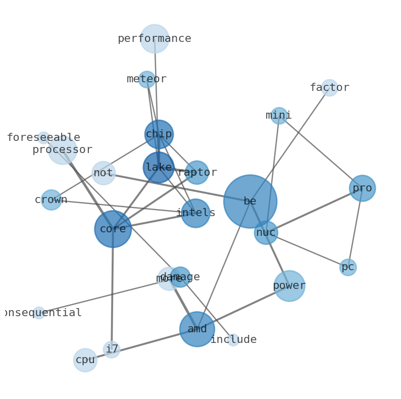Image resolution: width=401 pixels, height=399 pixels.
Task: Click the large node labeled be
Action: tap(250, 201)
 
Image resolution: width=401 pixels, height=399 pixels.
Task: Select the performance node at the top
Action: tap(155, 39)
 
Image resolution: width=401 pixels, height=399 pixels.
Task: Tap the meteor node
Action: tap(146, 79)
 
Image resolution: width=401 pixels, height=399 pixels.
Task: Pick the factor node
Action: tap(329, 88)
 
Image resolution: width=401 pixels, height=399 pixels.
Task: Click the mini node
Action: tap(279, 116)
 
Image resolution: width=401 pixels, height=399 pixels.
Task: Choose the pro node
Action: tap(362, 188)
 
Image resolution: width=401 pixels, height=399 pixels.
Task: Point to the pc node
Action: tap(348, 267)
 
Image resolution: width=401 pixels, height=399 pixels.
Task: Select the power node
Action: tap(289, 286)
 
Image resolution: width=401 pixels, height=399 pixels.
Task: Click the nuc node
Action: tap(266, 233)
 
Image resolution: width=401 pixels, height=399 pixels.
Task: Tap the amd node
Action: tap(197, 329)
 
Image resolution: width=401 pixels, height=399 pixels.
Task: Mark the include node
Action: tap(233, 340)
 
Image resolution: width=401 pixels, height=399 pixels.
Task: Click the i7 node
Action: tap(112, 350)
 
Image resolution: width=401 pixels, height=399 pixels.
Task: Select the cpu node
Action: tap(85, 360)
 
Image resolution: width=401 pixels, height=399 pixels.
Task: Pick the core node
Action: tap(113, 229)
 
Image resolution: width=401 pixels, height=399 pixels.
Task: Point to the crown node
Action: tap(51, 200)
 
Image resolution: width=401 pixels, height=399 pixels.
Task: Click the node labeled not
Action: tap(103, 173)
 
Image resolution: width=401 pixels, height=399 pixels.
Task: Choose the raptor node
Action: tap(197, 173)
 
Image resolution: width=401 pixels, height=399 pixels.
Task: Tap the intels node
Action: tap(195, 213)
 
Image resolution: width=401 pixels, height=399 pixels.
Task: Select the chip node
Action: tap(159, 134)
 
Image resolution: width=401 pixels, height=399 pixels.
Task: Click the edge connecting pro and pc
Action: tap(355, 228)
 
